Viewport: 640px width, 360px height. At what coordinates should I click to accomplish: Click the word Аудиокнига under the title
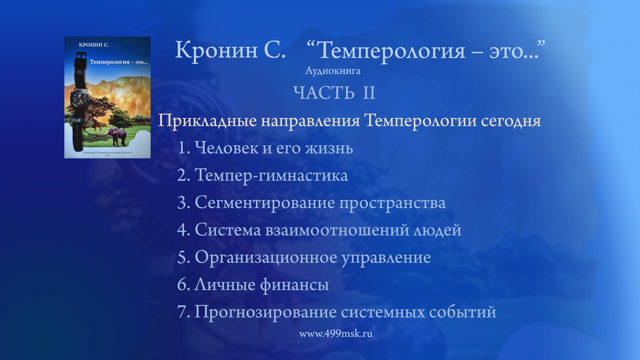pos(333,71)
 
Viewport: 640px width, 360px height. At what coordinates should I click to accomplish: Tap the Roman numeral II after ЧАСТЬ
pos(369,93)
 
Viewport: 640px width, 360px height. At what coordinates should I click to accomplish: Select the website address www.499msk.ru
pos(336,334)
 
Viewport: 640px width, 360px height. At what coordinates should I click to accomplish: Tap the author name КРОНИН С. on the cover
pos(94,45)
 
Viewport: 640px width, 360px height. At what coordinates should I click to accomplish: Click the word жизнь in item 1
pos(329,148)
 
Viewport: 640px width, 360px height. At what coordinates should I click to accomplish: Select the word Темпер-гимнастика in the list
pos(271,175)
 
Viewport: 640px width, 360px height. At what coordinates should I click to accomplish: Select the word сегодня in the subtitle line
pos(511,121)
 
